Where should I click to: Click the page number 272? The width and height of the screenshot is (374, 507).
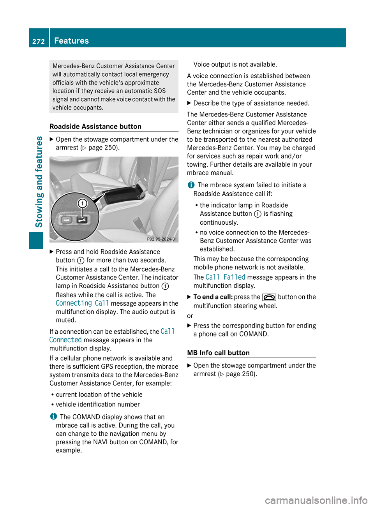39,41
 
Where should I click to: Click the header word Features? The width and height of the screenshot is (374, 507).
71,40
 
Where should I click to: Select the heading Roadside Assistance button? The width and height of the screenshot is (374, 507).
95,127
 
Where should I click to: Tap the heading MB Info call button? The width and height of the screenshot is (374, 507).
218,353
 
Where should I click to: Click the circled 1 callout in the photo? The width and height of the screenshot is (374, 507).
83,203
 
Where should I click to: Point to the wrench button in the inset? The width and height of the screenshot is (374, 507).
82,220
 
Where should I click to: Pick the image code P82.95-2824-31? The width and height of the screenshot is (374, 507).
162,239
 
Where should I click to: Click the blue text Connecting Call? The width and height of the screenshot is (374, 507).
82,303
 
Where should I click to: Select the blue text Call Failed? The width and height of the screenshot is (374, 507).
225,277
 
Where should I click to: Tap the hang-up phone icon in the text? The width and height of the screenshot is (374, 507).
269,297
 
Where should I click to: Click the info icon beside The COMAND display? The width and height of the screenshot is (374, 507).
53,417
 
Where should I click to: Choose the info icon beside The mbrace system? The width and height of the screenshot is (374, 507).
191,185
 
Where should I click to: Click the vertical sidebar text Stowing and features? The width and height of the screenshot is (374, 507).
39,181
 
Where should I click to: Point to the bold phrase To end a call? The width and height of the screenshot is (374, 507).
213,297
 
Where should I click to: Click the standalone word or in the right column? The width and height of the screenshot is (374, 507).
190,316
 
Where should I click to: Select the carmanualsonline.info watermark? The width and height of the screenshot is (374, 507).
316,500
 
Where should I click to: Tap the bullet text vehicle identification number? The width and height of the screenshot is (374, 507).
98,405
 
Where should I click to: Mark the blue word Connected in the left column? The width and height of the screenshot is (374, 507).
65,340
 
